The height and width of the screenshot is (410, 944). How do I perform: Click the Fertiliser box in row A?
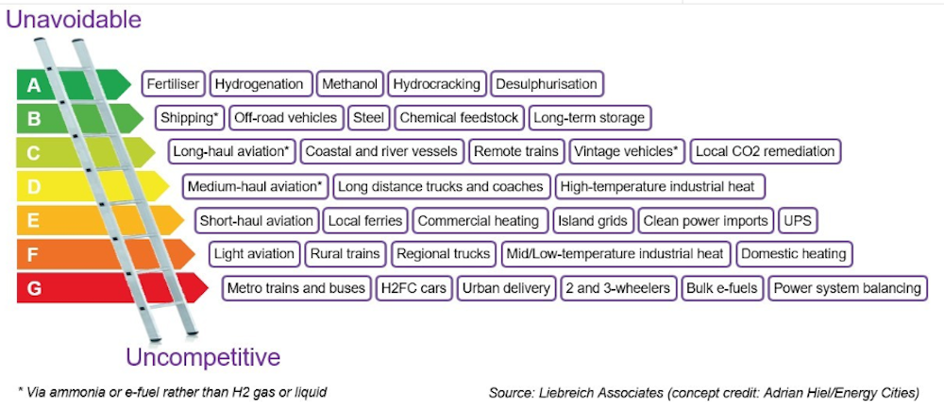coord(173,84)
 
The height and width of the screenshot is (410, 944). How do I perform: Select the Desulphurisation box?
coord(547,84)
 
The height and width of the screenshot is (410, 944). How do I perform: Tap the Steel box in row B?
coord(366,118)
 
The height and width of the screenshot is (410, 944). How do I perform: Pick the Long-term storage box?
coord(589,118)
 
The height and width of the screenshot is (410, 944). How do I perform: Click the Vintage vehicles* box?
coord(626,151)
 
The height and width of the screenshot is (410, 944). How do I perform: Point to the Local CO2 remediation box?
coord(765,151)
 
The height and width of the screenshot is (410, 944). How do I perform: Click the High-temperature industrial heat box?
coord(660,186)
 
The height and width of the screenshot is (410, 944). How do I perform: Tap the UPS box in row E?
coord(798,221)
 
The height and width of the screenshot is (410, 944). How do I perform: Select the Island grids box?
coord(593,221)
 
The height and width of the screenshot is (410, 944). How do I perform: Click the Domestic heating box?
coord(794,254)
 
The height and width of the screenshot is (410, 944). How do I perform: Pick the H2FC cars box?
coord(413,288)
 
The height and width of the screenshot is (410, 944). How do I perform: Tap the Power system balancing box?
coord(847,288)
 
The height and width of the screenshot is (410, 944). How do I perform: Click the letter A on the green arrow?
coord(34,86)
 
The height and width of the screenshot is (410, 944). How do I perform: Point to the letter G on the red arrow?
coord(34,288)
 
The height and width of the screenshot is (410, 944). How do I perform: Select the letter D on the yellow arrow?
coord(34,187)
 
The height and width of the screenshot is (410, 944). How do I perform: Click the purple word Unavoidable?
coord(74,18)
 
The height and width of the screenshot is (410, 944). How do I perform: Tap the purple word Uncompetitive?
coord(203,357)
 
